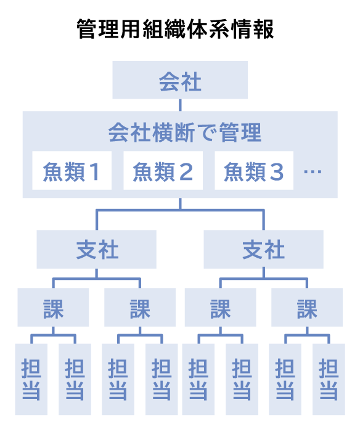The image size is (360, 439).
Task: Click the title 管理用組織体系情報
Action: pyautogui.click(x=175, y=29)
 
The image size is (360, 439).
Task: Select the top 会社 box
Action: pyautogui.click(x=180, y=80)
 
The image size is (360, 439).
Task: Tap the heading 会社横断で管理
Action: pyautogui.click(x=185, y=133)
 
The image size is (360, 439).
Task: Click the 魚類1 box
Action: pyautogui.click(x=72, y=171)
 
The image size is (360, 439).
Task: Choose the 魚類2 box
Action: pyautogui.click(x=163, y=171)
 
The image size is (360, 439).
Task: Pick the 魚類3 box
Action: pyautogui.click(x=254, y=171)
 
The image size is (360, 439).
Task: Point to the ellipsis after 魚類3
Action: pyautogui.click(x=313, y=171)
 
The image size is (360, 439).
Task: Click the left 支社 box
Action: pyautogui.click(x=97, y=250)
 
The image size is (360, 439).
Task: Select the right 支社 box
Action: pyautogui.click(x=263, y=250)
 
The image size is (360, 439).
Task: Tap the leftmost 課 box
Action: pyautogui.click(x=53, y=308)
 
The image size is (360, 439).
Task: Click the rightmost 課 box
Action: pyautogui.click(x=307, y=308)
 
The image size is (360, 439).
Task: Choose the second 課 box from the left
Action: pyautogui.click(x=140, y=308)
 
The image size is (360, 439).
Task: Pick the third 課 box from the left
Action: pyautogui.click(x=220, y=308)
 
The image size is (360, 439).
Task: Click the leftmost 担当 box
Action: pyautogui.click(x=31, y=379)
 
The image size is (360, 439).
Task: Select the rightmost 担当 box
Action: pyautogui.click(x=329, y=379)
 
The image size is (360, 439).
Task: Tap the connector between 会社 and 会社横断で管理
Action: pyautogui.click(x=180, y=105)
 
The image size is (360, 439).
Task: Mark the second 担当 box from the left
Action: pyautogui.click(x=75, y=379)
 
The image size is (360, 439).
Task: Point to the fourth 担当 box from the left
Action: pyautogui.click(x=162, y=379)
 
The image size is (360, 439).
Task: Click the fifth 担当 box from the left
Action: pyautogui.click(x=198, y=379)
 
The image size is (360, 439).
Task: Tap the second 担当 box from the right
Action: pyautogui.click(x=285, y=379)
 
